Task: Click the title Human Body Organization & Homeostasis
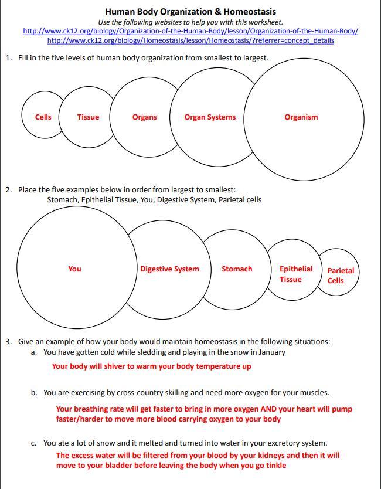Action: click(190, 12)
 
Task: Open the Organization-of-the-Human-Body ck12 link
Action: click(190, 31)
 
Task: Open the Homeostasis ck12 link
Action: click(190, 40)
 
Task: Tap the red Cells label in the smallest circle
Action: click(43, 117)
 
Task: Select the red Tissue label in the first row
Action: click(88, 117)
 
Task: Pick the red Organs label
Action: click(144, 117)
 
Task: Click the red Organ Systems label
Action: click(210, 117)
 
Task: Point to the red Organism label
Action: click(301, 117)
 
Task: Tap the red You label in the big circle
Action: click(74, 269)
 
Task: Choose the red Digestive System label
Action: click(169, 269)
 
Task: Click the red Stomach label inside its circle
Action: click(237, 269)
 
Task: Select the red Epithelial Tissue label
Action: click(295, 274)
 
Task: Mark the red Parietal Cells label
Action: click(340, 275)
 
